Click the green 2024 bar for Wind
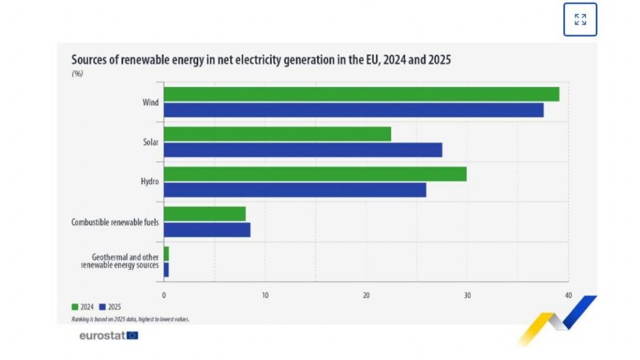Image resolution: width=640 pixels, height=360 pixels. pyautogui.click(x=361, y=94)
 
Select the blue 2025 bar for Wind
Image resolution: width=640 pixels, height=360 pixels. pyautogui.click(x=353, y=110)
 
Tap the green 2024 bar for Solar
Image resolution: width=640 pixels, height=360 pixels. pyautogui.click(x=277, y=134)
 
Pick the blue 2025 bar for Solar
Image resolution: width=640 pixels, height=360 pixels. pyautogui.click(x=302, y=150)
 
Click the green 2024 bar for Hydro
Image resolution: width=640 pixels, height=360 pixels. pyautogui.click(x=315, y=174)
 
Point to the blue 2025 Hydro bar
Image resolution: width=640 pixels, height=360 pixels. pyautogui.click(x=294, y=190)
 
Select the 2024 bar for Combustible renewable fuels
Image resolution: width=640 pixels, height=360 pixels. pyautogui.click(x=204, y=214)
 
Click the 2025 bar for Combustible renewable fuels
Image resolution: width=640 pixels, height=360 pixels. pyautogui.click(x=207, y=230)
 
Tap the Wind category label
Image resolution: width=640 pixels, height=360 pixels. pyautogui.click(x=150, y=102)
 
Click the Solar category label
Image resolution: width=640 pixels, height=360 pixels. pyautogui.click(x=150, y=142)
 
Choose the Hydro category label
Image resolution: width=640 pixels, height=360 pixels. pyautogui.click(x=149, y=182)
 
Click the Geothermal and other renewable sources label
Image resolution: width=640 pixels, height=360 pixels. pyautogui.click(x=120, y=261)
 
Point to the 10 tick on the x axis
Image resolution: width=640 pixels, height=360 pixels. pyautogui.click(x=265, y=295)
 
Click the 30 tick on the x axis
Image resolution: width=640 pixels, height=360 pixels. pyautogui.click(x=467, y=295)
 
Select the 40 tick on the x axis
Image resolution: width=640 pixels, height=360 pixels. pyautogui.click(x=567, y=295)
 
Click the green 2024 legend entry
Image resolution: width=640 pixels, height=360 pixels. pyautogui.click(x=82, y=307)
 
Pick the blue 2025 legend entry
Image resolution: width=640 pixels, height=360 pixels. pyautogui.click(x=110, y=307)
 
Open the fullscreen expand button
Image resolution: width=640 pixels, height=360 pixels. pyautogui.click(x=580, y=19)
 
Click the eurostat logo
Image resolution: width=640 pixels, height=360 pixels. pyautogui.click(x=108, y=336)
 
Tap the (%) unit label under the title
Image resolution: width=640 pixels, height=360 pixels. pyautogui.click(x=77, y=74)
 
